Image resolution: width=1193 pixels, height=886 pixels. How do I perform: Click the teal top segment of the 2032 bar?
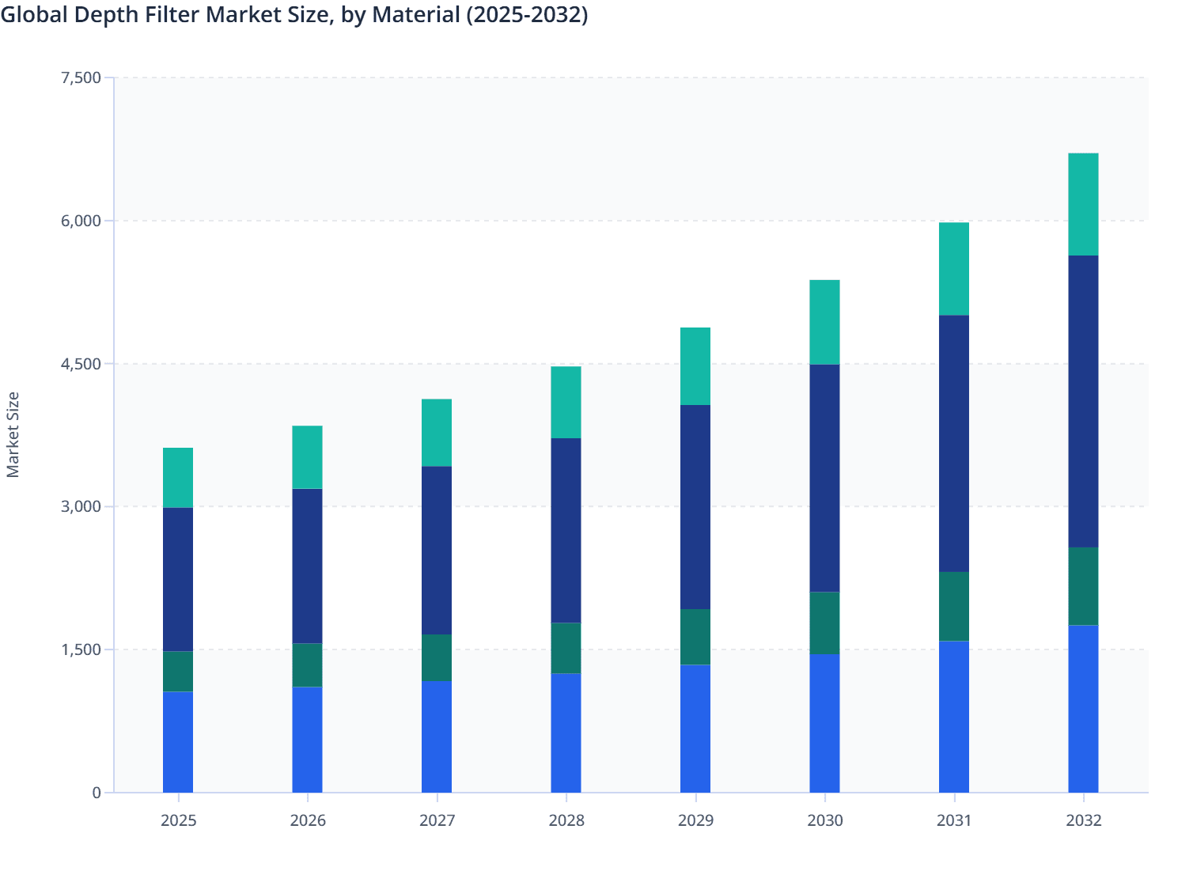(x=1083, y=204)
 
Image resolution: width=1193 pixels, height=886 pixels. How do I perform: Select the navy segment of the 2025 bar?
(x=178, y=579)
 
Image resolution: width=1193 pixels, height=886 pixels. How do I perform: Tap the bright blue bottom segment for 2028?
(x=566, y=733)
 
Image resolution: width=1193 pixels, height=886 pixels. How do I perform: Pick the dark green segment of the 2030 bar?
(x=824, y=623)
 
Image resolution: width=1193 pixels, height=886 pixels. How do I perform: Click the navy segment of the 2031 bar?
(x=953, y=443)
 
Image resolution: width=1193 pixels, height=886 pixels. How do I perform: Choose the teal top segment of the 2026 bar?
(x=307, y=457)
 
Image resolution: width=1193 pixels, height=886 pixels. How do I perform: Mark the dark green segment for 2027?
(x=437, y=657)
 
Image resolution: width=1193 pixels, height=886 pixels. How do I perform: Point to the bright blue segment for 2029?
(x=695, y=728)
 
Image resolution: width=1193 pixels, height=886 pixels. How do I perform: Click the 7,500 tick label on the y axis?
(x=81, y=78)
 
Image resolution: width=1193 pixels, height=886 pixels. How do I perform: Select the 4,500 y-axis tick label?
(x=81, y=364)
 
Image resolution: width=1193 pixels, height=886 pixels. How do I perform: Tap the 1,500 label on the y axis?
(x=81, y=649)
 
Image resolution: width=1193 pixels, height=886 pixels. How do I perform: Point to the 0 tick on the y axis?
(x=97, y=793)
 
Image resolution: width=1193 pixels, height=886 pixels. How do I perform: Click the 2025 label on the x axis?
(x=178, y=820)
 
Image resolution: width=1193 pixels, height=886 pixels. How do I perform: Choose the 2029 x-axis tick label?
(x=695, y=820)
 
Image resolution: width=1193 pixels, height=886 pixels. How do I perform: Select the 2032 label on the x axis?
(x=1083, y=820)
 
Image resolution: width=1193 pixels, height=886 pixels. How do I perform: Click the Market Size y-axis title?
(x=13, y=434)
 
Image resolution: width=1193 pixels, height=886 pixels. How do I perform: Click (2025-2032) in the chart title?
(x=526, y=14)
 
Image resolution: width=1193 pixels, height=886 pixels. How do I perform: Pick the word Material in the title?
(x=413, y=14)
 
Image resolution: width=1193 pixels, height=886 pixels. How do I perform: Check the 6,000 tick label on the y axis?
(x=81, y=221)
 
